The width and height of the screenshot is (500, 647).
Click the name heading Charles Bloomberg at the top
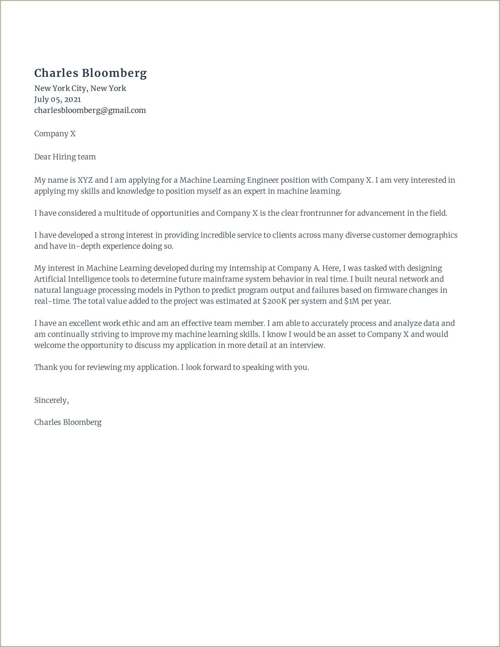pos(90,73)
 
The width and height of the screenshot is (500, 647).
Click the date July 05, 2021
pos(57,99)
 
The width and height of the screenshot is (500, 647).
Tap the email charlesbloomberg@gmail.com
pos(90,110)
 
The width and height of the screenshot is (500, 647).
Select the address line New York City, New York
pos(80,88)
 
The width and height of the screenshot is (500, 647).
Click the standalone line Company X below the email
pos(55,134)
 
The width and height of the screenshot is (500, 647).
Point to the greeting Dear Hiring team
pos(65,157)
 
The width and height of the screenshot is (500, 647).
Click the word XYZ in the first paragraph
pos(85,180)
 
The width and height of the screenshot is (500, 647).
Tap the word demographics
pos(433,235)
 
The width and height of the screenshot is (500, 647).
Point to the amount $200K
pos(274,301)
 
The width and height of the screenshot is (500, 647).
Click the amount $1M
pos(352,301)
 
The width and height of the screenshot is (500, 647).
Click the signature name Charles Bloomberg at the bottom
pos(68,422)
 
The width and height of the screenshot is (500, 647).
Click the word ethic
pos(131,323)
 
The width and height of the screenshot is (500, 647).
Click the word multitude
pos(122,213)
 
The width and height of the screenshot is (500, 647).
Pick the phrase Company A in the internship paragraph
pos(298,268)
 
